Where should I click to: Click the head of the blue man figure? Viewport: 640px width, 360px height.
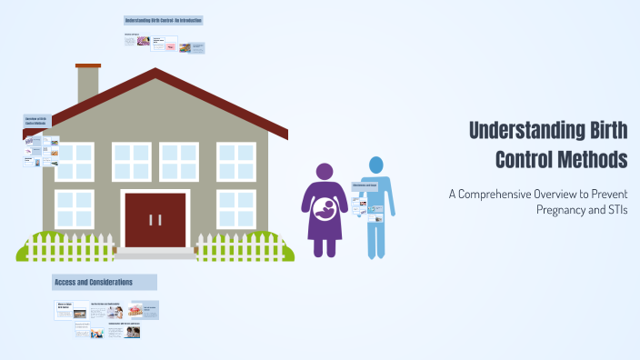375,165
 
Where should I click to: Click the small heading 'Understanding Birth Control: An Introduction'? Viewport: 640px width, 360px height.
164,20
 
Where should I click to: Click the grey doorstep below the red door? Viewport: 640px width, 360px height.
155,254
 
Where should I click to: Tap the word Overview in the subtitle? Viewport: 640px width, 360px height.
567,193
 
